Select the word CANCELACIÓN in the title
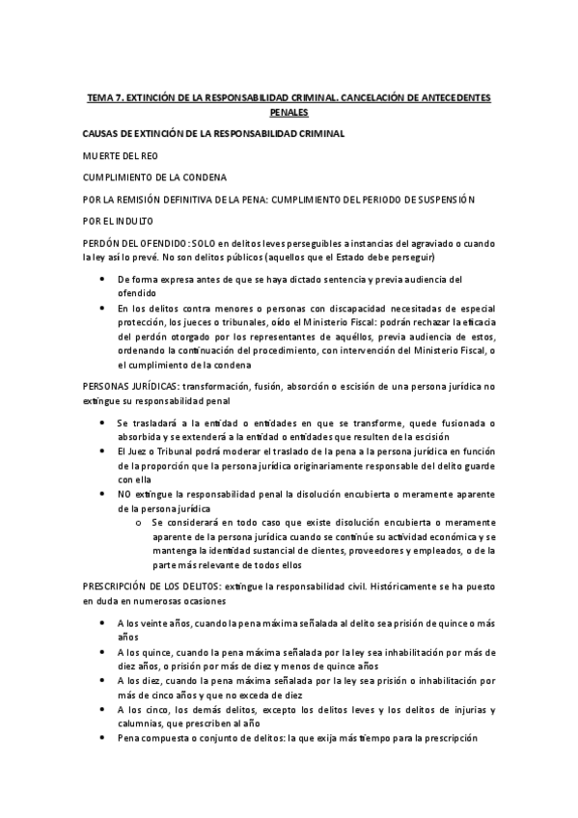point(375,98)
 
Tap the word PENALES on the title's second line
point(289,112)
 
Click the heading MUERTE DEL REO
point(121,154)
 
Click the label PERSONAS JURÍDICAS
point(131,386)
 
